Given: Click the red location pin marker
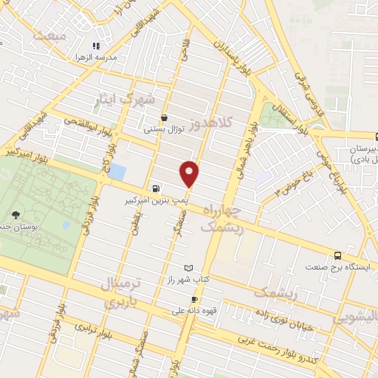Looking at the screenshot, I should (190, 173).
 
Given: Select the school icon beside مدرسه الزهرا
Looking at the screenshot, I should (95, 46).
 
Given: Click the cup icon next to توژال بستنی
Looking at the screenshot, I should (164, 117).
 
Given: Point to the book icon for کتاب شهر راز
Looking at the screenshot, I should (188, 267).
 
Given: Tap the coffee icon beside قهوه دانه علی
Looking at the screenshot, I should (194, 299).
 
